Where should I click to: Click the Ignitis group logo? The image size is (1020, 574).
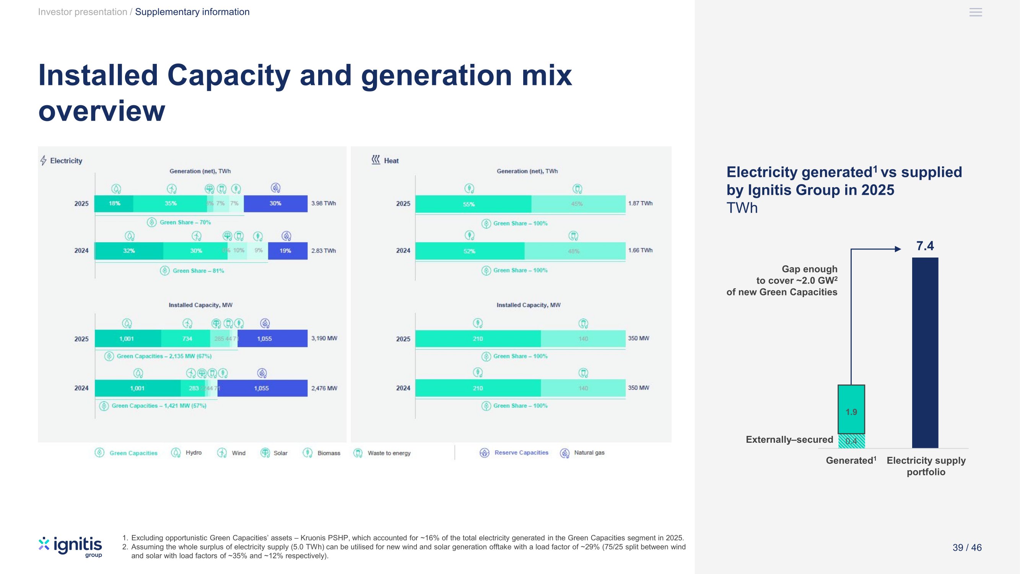click(x=70, y=547)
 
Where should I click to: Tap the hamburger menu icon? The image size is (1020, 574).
click(x=975, y=12)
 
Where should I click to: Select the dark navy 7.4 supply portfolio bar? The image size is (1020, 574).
click(x=925, y=352)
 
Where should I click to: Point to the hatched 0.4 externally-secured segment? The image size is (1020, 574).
click(x=851, y=441)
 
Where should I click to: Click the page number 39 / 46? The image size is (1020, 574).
click(x=967, y=548)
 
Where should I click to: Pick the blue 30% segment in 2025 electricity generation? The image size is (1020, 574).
click(x=275, y=204)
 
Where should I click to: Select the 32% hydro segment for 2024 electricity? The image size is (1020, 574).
click(x=129, y=251)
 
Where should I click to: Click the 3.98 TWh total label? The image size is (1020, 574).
click(x=323, y=203)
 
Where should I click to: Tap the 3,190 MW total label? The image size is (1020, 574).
click(x=324, y=338)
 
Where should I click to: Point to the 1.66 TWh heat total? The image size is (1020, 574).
click(x=640, y=250)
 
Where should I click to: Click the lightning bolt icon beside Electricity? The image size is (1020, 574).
click(x=44, y=160)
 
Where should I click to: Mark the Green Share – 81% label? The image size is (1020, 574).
click(x=198, y=271)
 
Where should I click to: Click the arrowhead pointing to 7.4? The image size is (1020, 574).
click(x=898, y=249)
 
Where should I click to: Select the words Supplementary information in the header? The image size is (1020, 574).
click(x=192, y=12)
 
